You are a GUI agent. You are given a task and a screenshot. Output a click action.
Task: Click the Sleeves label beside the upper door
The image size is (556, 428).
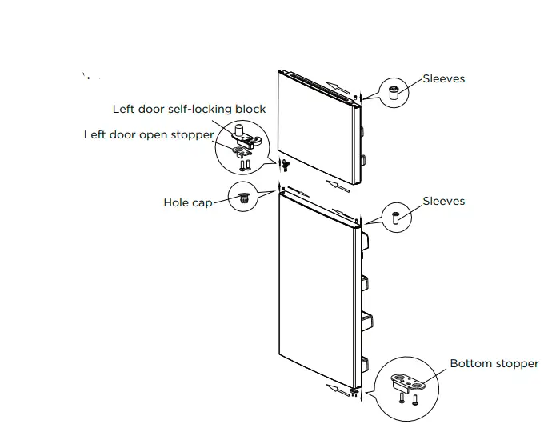[444, 79]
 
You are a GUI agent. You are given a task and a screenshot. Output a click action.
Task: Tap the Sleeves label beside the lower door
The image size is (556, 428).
[444, 201]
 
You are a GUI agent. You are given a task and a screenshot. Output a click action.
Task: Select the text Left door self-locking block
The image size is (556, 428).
[189, 109]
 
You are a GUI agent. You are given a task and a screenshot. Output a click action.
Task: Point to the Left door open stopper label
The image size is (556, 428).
[149, 134]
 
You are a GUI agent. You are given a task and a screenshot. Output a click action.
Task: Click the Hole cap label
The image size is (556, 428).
[188, 203]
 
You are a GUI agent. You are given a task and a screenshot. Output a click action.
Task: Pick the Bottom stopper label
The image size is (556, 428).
[494, 364]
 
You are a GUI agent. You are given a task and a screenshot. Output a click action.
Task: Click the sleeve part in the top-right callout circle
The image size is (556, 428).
[394, 91]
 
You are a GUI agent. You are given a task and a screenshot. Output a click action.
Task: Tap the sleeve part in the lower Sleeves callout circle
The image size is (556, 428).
[394, 215]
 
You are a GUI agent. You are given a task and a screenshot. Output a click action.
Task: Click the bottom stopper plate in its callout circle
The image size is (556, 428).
[410, 382]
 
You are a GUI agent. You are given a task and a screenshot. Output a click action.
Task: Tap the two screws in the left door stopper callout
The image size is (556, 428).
[245, 165]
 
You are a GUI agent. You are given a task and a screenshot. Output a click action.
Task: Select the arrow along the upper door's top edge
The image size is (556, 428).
[338, 86]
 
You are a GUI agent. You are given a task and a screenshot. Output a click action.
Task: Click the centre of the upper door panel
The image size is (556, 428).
[315, 128]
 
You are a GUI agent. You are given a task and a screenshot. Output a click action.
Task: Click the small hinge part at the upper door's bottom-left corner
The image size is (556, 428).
[283, 164]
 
